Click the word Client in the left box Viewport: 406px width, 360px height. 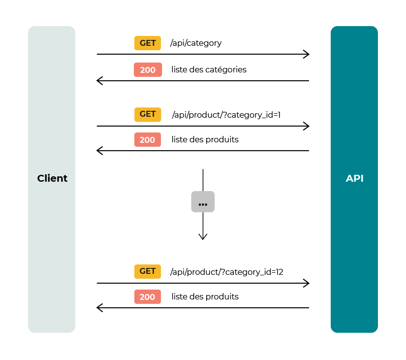tap(52, 178)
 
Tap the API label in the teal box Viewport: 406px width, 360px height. tap(354, 178)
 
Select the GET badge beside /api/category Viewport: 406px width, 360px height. tap(148, 43)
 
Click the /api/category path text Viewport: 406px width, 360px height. tap(196, 43)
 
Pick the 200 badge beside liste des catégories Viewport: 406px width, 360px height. tap(148, 70)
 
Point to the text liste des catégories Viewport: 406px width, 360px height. tap(209, 70)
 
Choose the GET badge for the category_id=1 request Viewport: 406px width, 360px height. tap(148, 114)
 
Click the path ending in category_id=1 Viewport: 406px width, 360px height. tap(226, 115)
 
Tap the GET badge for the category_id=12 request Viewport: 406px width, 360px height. tap(148, 271)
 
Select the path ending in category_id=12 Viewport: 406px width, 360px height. tap(226, 272)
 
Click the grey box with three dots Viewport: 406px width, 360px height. tap(203, 202)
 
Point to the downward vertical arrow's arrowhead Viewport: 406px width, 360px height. tap(203, 237)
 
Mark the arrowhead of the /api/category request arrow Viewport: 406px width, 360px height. tap(307, 54)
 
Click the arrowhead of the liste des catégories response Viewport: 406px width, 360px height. tap(99, 81)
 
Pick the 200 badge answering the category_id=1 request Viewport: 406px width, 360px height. tap(148, 140)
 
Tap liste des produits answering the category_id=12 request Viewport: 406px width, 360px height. tap(205, 297)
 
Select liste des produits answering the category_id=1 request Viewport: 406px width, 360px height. tap(205, 140)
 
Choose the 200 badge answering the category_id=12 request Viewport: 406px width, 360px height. tap(148, 297)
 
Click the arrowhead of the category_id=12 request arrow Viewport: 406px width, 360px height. tap(307, 283)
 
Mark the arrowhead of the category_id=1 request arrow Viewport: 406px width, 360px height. tap(307, 126)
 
